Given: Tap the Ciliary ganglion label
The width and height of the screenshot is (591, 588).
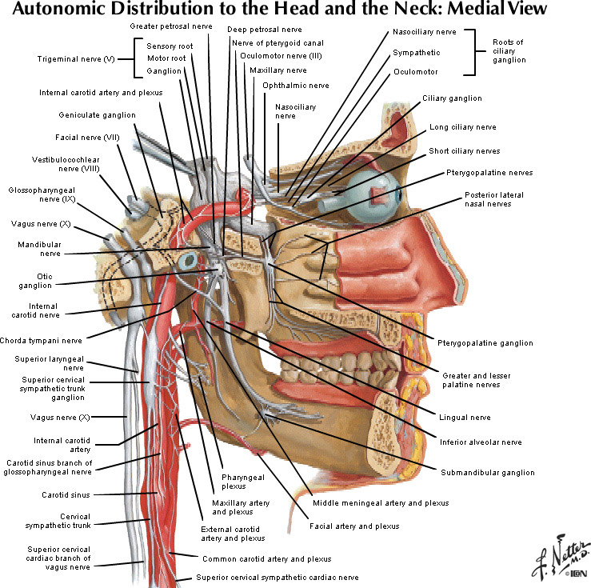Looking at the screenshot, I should [452, 98].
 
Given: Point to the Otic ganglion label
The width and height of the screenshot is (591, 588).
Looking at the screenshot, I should [36, 280].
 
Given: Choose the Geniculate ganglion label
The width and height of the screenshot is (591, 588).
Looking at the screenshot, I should [97, 115].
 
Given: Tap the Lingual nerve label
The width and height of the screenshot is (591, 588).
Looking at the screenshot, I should [465, 417].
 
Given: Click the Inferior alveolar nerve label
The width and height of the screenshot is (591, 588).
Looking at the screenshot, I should [480, 442].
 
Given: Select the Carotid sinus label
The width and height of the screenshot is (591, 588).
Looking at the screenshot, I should [64, 494].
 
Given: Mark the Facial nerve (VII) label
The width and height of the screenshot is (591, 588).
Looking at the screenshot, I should [88, 137].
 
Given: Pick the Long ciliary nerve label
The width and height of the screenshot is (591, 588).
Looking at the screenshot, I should [462, 127].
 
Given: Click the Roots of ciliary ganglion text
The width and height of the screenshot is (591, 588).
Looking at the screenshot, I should [508, 50].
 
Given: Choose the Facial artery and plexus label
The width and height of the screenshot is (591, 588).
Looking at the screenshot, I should [354, 526].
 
